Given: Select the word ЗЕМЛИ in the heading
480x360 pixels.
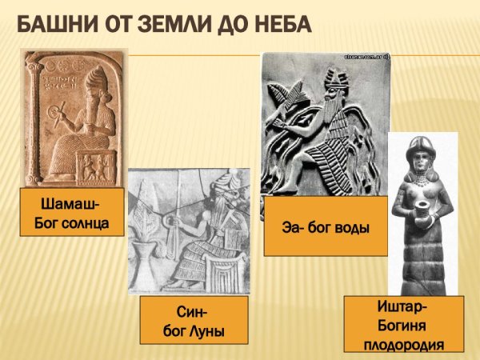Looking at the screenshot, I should coord(182,25).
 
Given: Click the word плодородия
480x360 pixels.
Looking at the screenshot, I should coord(403,345).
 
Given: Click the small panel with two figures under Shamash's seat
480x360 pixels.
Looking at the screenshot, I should coord(97,164).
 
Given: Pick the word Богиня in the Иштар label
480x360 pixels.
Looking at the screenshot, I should coord(403,326).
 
